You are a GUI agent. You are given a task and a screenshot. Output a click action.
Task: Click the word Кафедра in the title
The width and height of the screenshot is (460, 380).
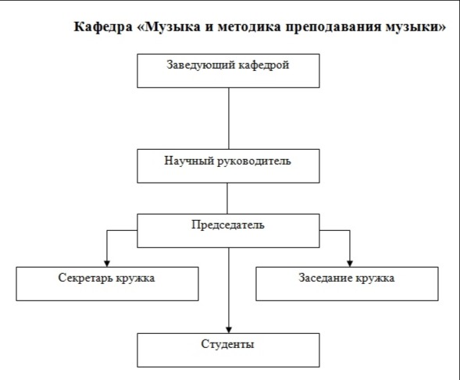coord(103,27)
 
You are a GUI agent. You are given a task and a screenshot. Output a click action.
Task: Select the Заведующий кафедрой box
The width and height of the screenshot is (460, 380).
coord(228,71)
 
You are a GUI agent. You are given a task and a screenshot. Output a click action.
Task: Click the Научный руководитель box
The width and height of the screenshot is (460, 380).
coord(228,166)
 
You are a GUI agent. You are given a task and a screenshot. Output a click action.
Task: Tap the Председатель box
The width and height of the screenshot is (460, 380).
coord(228,231)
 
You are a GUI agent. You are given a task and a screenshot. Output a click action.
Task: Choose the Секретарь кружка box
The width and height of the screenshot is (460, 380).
coord(107,284)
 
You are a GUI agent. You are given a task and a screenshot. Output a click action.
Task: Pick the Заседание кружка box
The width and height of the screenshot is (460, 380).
coord(347,284)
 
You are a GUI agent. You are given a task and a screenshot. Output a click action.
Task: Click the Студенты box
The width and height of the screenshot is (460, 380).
coord(228,350)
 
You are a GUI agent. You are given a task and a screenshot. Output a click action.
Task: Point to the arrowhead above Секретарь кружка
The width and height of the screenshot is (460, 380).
coord(107,263)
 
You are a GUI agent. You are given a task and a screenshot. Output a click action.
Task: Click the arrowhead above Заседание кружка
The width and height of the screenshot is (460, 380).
coord(350,263)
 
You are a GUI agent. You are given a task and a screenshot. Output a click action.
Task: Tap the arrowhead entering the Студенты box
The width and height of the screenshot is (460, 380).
coord(229,329)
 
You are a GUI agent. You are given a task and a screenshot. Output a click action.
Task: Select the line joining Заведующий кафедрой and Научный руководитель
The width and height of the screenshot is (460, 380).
coord(229,119)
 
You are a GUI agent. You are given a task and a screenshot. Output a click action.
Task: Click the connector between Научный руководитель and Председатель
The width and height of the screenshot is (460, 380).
coord(227,198)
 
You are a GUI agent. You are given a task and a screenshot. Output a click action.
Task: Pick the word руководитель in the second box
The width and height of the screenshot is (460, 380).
coord(254,161)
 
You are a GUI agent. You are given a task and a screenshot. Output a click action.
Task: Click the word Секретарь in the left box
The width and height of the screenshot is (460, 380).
coord(85,278)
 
